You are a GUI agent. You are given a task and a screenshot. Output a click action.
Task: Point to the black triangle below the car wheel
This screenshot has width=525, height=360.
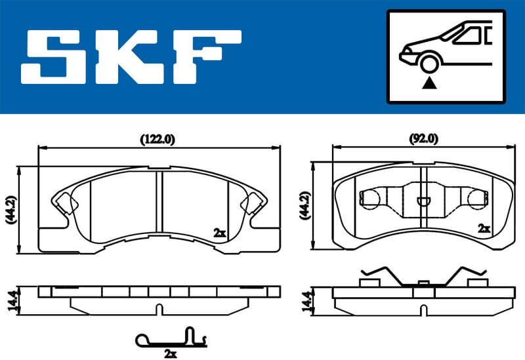click(x=429, y=83)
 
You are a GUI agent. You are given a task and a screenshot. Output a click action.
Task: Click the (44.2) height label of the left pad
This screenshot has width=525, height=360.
click(x=9, y=209)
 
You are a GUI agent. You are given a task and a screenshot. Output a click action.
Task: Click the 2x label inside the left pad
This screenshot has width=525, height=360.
click(x=219, y=232)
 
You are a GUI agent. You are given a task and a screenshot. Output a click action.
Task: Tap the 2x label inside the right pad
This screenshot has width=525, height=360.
click(x=484, y=229)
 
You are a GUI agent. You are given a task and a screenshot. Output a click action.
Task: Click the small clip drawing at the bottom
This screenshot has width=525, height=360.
click(x=171, y=338)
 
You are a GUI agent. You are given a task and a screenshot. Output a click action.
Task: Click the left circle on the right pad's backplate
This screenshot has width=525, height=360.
click(x=371, y=199)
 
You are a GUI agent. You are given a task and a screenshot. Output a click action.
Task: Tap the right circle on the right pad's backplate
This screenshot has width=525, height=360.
click(x=476, y=199)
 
